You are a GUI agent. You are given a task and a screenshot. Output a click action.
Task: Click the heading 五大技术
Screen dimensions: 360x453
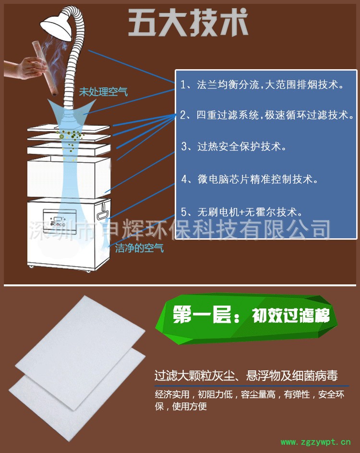(188, 23)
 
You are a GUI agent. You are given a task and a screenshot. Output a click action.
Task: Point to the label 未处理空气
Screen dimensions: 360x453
(103, 92)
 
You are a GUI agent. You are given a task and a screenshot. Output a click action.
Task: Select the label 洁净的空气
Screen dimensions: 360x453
(139, 248)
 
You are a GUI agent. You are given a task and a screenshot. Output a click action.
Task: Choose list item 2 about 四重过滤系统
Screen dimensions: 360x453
(267, 115)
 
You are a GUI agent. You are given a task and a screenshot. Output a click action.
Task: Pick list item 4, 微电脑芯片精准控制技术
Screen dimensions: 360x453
(250, 179)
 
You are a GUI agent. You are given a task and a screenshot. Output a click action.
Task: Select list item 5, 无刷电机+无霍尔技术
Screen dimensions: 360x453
(241, 212)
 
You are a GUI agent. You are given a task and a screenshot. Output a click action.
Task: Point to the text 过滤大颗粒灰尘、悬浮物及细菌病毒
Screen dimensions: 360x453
(246, 376)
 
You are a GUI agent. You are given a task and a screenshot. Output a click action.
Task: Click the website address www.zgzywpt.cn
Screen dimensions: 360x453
(315, 442)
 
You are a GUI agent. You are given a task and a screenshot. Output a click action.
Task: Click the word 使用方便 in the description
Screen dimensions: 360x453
(190, 406)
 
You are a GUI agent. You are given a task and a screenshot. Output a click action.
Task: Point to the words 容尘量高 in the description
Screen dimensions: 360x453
(258, 394)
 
